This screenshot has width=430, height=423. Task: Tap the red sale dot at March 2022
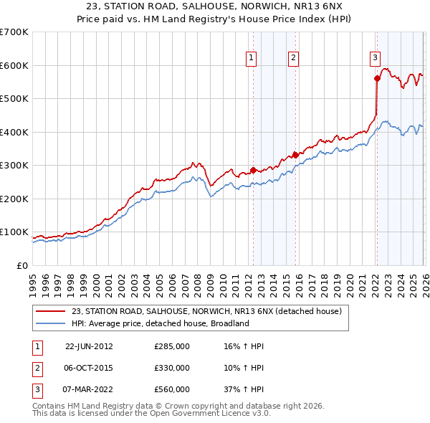tap(376, 79)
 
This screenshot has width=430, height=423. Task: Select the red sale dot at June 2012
tap(253, 170)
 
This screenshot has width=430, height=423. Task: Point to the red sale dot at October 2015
tap(295, 154)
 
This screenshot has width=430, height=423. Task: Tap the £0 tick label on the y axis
tap(21, 265)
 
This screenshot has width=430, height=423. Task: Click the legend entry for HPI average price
tap(159, 323)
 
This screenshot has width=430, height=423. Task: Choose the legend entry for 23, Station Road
tap(207, 311)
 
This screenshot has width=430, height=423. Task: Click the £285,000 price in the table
tap(171, 346)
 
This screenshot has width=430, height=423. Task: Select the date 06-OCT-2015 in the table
tap(89, 368)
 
